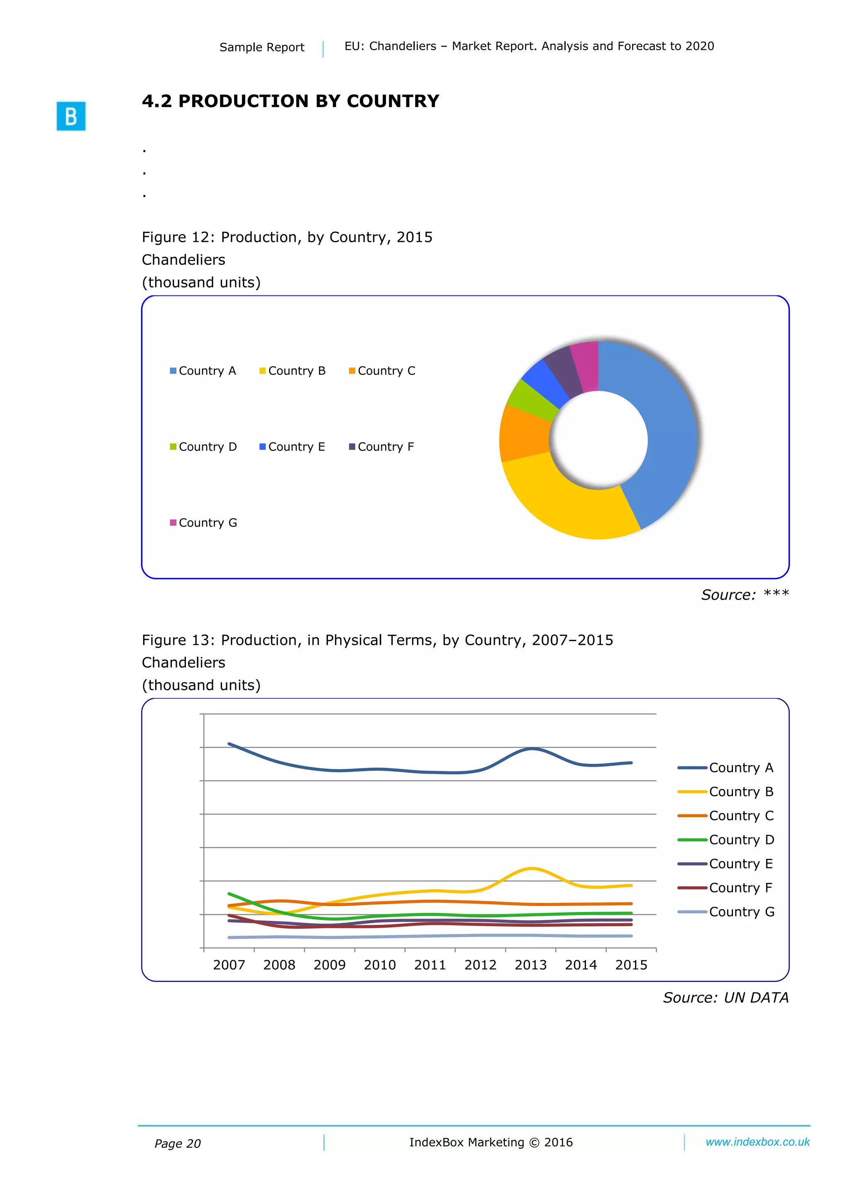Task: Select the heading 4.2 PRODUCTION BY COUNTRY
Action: [290, 101]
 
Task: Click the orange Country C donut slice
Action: [524, 434]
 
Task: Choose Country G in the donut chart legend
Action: [203, 523]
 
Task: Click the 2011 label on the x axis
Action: [430, 965]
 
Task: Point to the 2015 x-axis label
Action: [631, 965]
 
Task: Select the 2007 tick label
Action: [229, 965]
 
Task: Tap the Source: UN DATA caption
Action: [725, 998]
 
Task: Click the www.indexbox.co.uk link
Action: [757, 1142]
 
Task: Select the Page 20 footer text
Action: [178, 1144]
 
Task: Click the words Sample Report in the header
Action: [262, 47]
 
